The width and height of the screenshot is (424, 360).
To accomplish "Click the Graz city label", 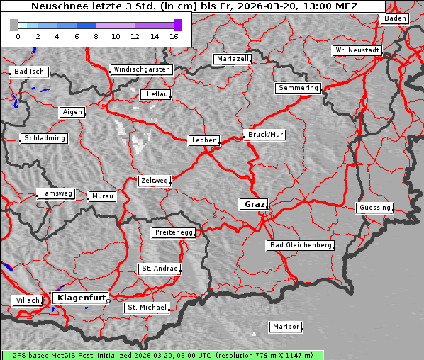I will tap(254, 204).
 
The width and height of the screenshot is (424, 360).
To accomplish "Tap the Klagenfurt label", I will tap(81, 298).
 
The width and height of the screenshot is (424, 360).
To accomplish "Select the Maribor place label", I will tap(286, 327).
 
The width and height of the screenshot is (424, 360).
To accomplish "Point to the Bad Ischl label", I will tap(30, 72).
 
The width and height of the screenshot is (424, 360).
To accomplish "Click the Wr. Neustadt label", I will tap(357, 51).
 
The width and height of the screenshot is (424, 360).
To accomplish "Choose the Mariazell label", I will tap(233, 59).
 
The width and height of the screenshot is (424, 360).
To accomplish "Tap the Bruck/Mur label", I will tap(265, 134).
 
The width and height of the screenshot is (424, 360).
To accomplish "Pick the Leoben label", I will tap(204, 140).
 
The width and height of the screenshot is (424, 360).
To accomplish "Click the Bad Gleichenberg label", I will tap(300, 245).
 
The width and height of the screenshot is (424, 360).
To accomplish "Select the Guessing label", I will tap(374, 208).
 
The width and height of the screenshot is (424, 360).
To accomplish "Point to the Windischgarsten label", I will tap(141, 69).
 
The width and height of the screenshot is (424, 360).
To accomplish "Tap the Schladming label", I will tap(44, 138).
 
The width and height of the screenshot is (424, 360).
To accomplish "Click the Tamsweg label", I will tap(56, 193).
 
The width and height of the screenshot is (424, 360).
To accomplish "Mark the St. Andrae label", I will tap(158, 269).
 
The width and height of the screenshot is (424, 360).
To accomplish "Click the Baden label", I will tap(396, 18).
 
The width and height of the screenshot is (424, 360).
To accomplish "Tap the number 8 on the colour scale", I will tap(96, 36).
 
